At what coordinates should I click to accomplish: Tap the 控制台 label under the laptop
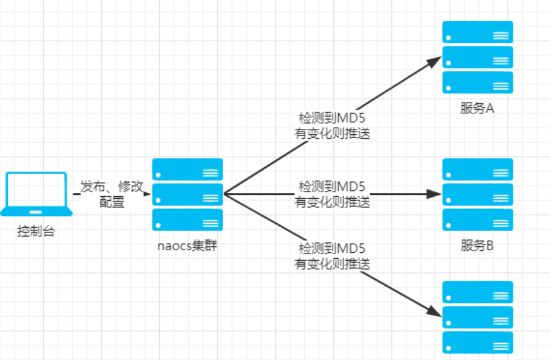36,231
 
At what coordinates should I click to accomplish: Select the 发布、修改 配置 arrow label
112,194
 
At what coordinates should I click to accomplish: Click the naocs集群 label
187,246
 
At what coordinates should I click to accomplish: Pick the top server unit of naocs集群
187,170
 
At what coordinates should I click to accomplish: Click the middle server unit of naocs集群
187,195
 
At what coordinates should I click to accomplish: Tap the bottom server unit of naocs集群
187,220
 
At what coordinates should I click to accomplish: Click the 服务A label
477,109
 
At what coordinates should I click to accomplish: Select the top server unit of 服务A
477,32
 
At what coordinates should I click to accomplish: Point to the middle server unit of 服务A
477,57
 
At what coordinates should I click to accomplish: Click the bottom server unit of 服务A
477,82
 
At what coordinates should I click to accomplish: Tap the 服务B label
477,246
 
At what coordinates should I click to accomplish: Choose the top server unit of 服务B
477,169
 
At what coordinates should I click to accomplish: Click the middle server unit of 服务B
477,194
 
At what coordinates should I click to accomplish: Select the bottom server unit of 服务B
477,219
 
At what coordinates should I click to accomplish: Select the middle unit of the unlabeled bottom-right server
477,317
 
